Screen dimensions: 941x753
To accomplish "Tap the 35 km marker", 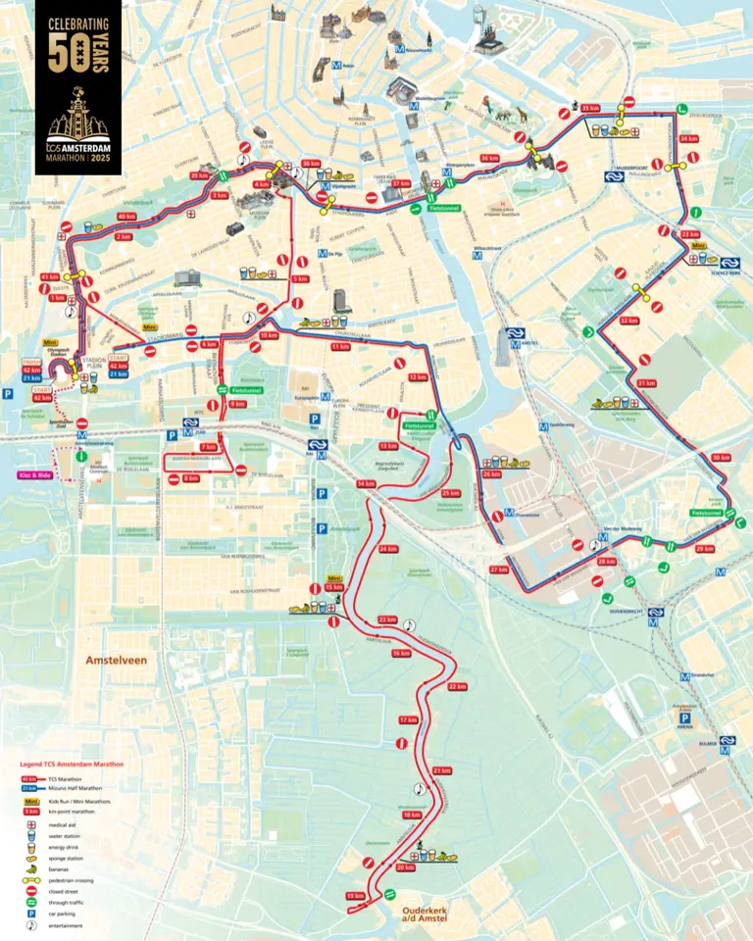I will [590, 108].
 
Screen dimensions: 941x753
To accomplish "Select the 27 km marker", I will [499, 570].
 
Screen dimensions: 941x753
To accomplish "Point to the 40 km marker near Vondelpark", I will [126, 216].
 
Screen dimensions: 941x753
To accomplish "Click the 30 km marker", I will [721, 458].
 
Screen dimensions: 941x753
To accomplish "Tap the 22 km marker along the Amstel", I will [457, 686].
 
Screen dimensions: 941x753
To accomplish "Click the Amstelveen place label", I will [115, 660].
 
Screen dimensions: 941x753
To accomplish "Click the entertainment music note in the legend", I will [30, 925].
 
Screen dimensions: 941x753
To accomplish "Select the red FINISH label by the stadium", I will [29, 360].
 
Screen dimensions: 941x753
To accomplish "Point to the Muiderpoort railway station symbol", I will [615, 178].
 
